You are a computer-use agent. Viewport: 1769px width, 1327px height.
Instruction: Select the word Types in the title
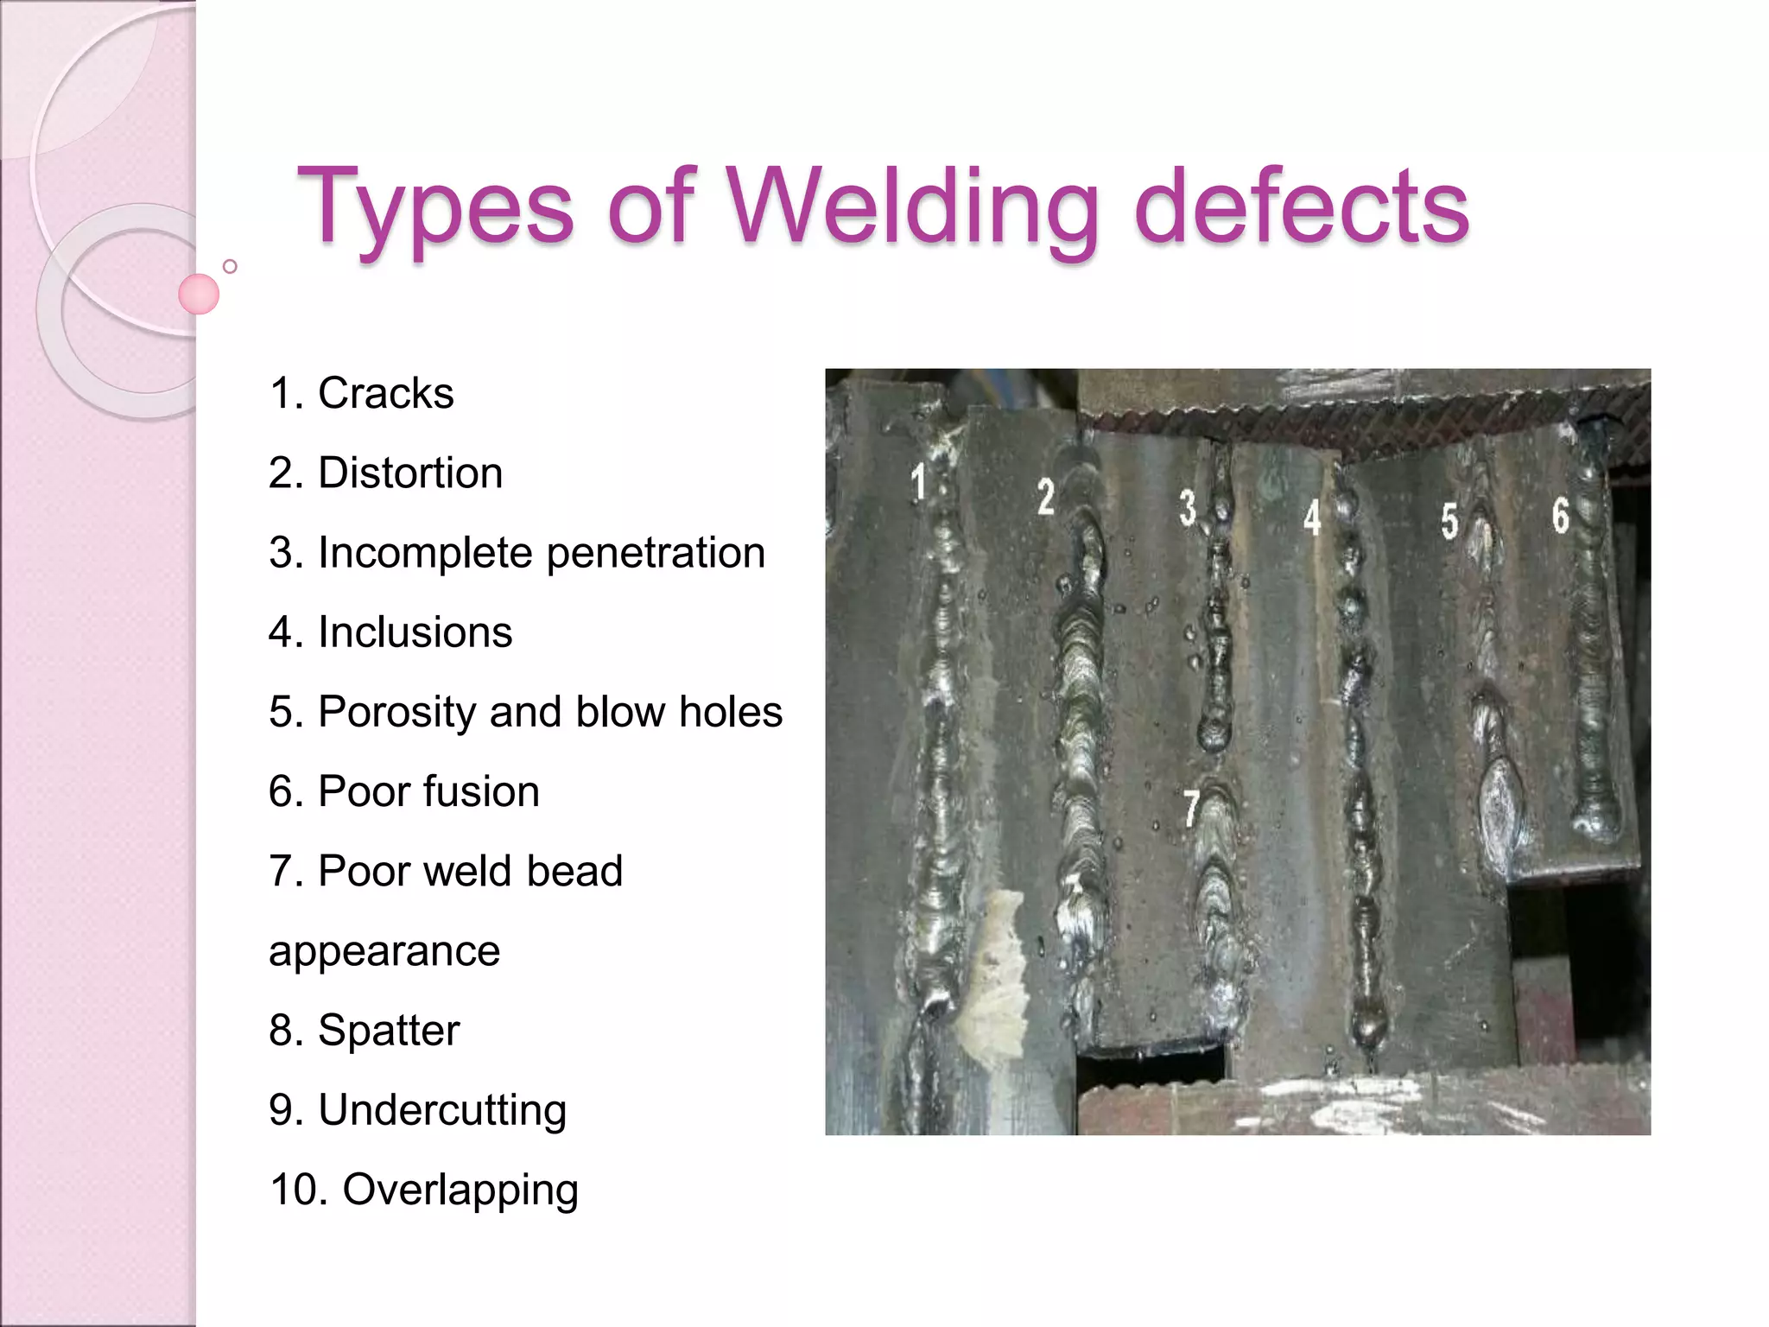coord(434,207)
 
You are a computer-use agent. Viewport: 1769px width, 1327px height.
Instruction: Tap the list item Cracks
coord(385,394)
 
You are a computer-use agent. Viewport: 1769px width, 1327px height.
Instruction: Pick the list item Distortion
coord(410,473)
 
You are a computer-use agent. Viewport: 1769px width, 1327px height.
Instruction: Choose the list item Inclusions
coord(415,632)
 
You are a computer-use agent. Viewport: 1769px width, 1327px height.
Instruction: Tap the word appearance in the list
coord(384,951)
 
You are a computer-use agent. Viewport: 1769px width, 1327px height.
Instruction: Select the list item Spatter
coord(389,1031)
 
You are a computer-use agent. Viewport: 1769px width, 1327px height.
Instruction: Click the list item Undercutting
coord(442,1110)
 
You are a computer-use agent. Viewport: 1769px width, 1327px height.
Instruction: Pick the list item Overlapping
coord(460,1190)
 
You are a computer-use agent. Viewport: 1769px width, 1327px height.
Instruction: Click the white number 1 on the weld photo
coord(919,481)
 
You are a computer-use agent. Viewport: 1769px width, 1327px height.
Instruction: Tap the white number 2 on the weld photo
coord(1046,497)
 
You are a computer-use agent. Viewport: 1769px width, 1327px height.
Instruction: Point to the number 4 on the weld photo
coord(1312,517)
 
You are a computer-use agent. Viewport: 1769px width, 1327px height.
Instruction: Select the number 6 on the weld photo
coord(1560,515)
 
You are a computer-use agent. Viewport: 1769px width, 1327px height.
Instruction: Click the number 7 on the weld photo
coord(1191,809)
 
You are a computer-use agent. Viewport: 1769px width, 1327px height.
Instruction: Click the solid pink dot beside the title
coord(199,294)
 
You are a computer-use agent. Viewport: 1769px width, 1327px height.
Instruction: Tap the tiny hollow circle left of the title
coord(230,266)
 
